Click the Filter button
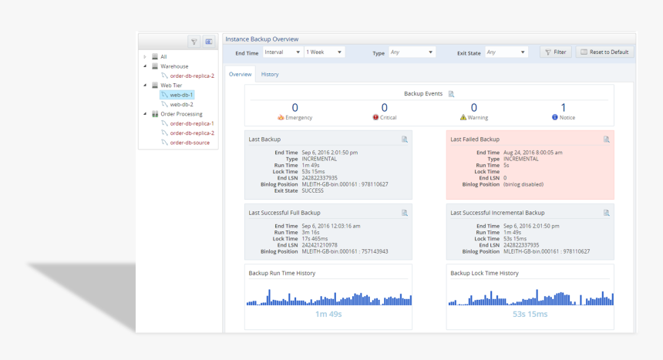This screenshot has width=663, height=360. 556,52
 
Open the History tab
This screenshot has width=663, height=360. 270,75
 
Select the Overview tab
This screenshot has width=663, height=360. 241,75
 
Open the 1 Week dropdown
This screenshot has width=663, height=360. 324,52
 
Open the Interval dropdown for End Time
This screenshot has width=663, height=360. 281,52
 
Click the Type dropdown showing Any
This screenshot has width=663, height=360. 412,52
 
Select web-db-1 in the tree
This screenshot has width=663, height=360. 181,95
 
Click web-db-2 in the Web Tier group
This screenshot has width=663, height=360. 181,104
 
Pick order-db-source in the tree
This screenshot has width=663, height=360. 190,143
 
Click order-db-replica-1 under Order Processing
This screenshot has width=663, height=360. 192,123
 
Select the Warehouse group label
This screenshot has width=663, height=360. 174,66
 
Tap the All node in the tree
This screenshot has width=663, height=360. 163,57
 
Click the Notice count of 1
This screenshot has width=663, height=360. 563,108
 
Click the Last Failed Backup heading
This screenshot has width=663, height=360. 475,140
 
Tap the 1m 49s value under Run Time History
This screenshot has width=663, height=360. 328,315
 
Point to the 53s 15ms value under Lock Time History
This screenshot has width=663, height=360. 530,315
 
